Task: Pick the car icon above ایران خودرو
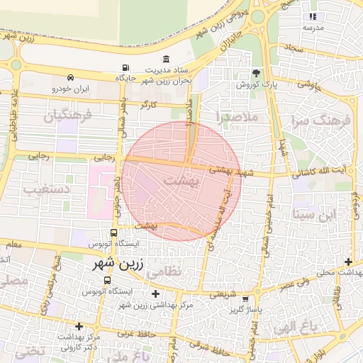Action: [69, 77]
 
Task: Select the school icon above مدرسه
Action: [312, 16]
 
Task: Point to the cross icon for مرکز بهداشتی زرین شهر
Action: [156, 294]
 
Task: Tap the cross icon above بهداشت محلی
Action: [348, 262]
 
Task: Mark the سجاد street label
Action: [294, 47]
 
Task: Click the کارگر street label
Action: [148, 104]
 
